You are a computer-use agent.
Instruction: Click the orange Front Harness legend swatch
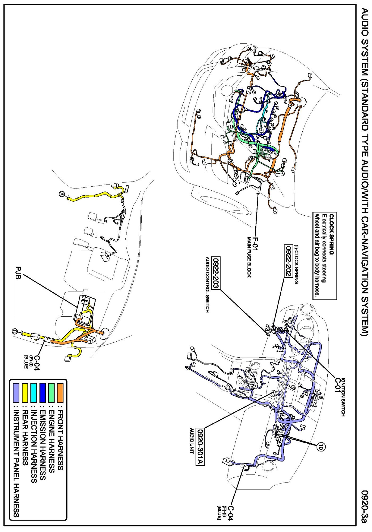(60, 392)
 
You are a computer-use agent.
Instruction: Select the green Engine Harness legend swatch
(52, 392)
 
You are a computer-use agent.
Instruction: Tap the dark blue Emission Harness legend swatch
(43, 392)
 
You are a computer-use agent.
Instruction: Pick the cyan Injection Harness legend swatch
(34, 392)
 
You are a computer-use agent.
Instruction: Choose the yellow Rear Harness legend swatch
(25, 392)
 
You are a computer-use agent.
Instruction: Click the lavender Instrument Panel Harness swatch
(16, 392)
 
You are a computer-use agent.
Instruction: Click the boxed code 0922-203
(216, 273)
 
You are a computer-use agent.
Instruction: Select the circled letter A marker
(62, 194)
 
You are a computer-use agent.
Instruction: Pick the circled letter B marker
(15, 332)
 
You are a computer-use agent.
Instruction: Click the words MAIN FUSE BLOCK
(249, 257)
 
